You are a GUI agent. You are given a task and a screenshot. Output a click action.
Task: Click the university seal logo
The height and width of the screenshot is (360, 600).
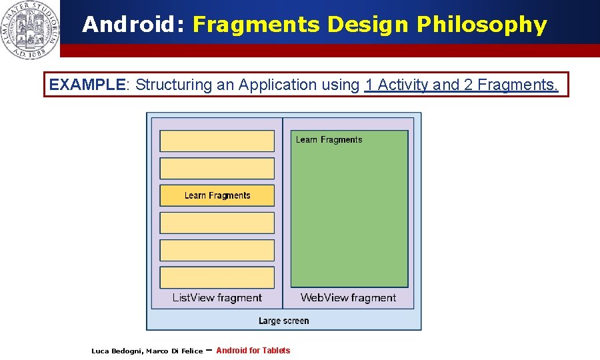pos(30,29)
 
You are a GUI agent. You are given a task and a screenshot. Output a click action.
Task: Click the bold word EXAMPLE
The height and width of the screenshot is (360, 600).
pos(87,85)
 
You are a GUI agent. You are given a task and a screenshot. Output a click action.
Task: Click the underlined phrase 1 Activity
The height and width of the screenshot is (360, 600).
pos(397,85)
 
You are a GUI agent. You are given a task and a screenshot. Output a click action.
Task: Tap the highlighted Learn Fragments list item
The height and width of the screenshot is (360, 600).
pos(217,195)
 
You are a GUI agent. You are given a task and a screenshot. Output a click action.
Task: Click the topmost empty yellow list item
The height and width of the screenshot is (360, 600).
pos(217,141)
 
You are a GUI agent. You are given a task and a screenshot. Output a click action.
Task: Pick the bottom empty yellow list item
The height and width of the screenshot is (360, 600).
pos(217,277)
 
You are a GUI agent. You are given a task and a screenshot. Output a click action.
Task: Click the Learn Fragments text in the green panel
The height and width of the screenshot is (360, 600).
pos(329,139)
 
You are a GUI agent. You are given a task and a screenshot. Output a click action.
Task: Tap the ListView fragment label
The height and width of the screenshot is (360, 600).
pos(217,298)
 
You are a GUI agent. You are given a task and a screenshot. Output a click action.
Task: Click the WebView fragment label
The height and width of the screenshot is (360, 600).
pos(348,298)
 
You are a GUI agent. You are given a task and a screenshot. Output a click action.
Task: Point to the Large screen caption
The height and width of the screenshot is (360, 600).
pos(283,321)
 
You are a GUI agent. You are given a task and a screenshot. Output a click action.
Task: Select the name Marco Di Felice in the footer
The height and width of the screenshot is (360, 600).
pos(174,351)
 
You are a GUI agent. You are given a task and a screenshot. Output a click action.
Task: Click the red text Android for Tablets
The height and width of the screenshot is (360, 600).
pos(253,351)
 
